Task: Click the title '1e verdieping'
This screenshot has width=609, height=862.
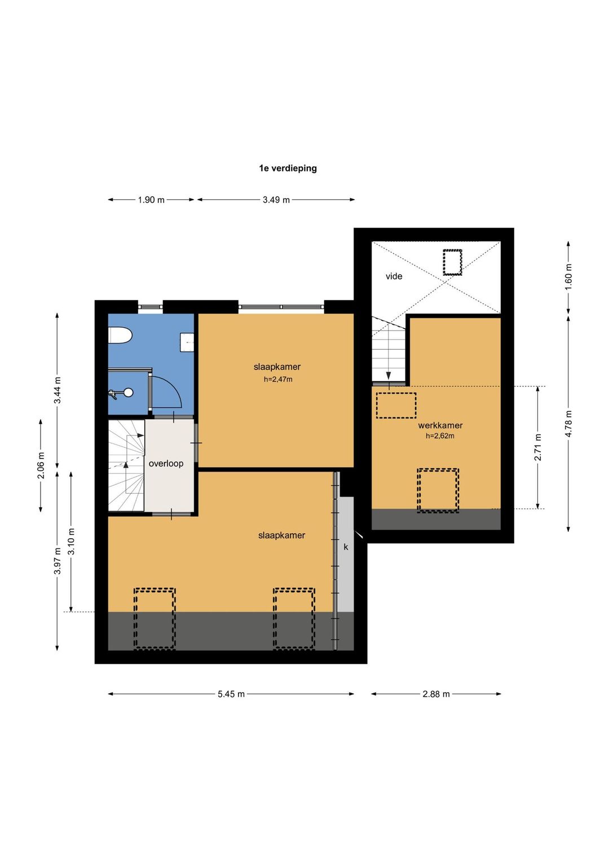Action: point(288,168)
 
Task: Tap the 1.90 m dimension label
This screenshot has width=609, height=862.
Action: point(151,200)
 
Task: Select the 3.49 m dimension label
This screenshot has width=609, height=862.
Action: point(276,200)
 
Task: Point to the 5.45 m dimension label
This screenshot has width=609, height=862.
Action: point(231,694)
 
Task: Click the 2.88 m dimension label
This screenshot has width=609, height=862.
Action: point(436,694)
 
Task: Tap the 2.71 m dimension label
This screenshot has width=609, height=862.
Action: point(538,447)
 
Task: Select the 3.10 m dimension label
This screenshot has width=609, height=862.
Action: point(71,541)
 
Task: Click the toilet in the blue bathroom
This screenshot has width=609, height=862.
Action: point(120,335)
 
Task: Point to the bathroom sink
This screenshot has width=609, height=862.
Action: point(187,342)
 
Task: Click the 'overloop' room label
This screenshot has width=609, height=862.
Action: point(166,464)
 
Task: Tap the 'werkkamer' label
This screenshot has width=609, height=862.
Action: point(440,425)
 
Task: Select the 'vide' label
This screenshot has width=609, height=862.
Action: point(394,276)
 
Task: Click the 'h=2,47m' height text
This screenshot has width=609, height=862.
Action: point(278,380)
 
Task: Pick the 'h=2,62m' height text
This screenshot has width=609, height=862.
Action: point(440,436)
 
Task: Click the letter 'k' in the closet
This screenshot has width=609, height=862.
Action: point(346,547)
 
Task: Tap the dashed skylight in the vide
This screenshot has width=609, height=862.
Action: point(452,262)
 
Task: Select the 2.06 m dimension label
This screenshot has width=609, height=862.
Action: point(41,465)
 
